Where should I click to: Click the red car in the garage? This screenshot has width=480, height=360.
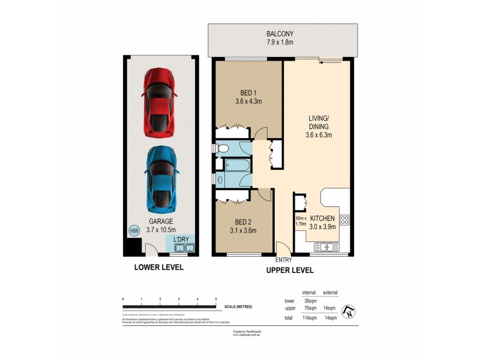click(x=159, y=103)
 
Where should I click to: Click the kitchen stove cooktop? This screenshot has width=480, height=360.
click(x=344, y=220)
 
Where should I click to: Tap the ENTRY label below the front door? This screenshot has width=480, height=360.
click(x=283, y=260)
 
